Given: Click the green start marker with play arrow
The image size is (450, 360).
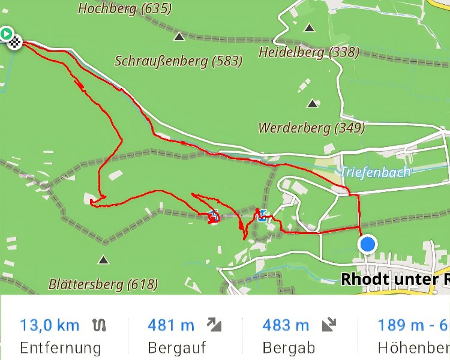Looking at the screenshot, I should point(6,34).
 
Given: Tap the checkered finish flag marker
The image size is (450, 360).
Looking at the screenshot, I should point(16,42).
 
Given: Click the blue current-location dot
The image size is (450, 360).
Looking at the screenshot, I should point(367,244).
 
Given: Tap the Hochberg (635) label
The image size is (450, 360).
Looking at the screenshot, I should point(124,8).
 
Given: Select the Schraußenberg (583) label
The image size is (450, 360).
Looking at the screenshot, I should point(178,61).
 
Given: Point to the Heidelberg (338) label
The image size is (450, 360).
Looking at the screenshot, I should point(308,52).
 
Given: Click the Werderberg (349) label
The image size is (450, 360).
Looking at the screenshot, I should point(311,128).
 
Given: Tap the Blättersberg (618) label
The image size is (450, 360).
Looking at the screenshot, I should point(103,284).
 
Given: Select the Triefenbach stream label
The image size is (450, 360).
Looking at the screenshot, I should point(376,172).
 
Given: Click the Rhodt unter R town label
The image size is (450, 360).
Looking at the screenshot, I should point(395,279).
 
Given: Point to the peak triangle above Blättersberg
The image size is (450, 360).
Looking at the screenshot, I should point(104,260).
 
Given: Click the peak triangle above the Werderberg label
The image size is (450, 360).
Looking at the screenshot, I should point(312,104).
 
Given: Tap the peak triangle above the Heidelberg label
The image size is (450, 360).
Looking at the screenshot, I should point(309,27).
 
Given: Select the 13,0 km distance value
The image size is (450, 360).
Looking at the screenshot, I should point(49,325).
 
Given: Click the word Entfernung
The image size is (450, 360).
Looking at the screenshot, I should point(60,347).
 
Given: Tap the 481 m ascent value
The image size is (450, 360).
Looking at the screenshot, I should point(171,325).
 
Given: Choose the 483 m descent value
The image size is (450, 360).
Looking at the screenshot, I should point(286,325).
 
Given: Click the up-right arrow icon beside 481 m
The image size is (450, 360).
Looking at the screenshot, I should point(214,325).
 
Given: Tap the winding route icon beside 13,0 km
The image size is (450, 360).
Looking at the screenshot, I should point(100,325).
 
